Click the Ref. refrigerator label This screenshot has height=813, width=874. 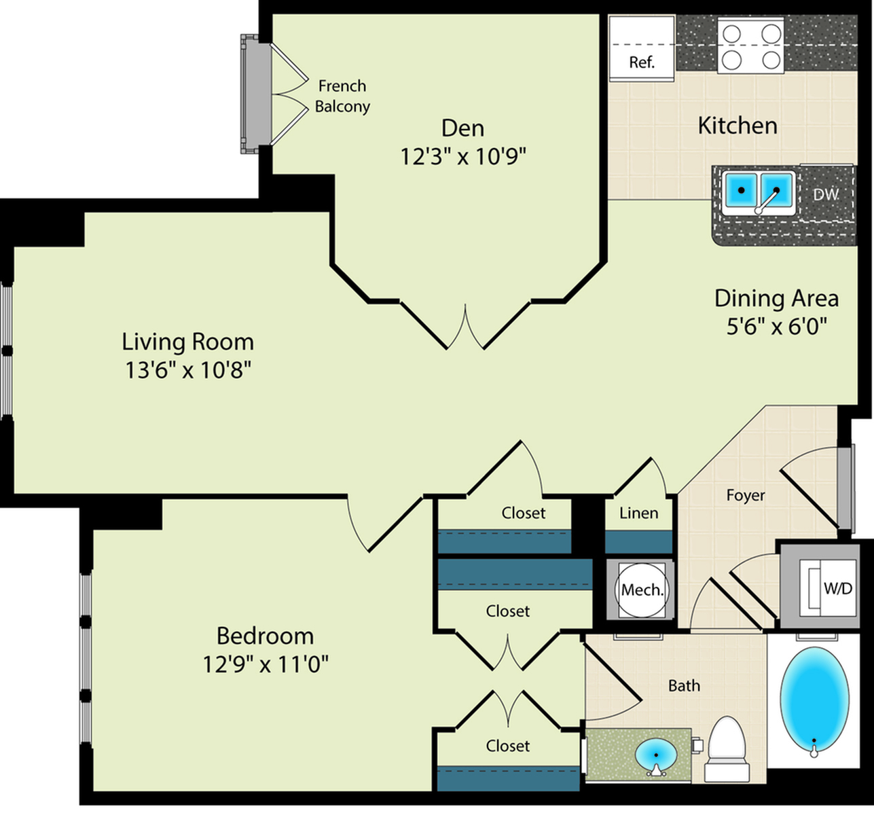click(x=642, y=62)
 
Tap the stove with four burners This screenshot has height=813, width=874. click(x=751, y=46)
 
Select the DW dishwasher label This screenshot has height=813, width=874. click(x=826, y=194)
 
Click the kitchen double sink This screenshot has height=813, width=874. click(x=759, y=193)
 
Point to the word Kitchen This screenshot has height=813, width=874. click(x=738, y=126)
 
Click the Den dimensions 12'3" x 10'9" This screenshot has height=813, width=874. click(x=463, y=156)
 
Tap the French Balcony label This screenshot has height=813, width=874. click(x=342, y=96)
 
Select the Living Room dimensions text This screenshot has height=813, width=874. click(x=188, y=369)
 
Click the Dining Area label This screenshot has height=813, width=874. click(x=776, y=298)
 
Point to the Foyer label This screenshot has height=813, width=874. click(x=746, y=495)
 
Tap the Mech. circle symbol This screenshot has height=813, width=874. click(x=641, y=590)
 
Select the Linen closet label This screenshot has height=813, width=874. click(x=638, y=513)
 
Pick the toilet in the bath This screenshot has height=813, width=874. click(x=727, y=749)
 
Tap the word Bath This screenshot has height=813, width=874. click(x=684, y=686)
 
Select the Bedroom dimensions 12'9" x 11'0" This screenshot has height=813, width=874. click(x=266, y=664)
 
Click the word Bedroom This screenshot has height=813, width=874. click(x=266, y=636)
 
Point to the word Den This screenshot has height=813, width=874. click(x=462, y=128)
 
